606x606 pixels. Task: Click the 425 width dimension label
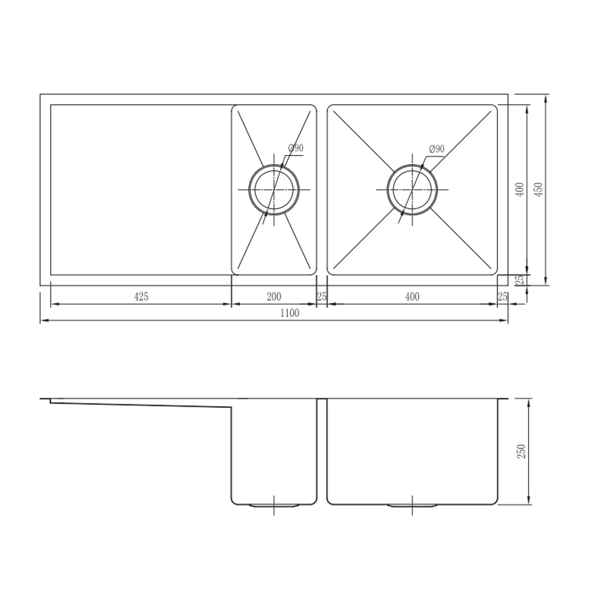click(x=141, y=297)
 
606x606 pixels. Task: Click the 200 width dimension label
click(x=274, y=297)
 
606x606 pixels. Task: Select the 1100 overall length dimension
click(x=290, y=313)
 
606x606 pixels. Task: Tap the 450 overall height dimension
click(x=538, y=190)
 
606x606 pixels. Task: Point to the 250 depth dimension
click(x=522, y=452)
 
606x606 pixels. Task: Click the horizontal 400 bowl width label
click(x=412, y=297)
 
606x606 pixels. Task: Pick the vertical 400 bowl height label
click(x=520, y=190)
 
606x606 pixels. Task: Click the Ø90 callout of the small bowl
click(x=296, y=148)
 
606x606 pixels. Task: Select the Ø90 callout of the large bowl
click(x=437, y=149)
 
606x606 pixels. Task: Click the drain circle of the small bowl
click(x=274, y=190)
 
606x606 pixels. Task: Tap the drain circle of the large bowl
click(x=412, y=190)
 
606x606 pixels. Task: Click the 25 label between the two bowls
click(x=322, y=297)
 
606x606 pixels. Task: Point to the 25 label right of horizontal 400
click(x=502, y=297)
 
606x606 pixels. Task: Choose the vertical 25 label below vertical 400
click(x=520, y=279)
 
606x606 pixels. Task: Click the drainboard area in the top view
click(x=140, y=190)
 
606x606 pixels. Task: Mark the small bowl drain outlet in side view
click(x=274, y=506)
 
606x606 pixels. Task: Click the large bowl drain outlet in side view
click(x=412, y=506)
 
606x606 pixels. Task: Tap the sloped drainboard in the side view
click(x=140, y=403)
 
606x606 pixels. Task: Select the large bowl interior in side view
click(x=412, y=449)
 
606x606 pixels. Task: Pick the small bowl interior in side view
click(x=274, y=449)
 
